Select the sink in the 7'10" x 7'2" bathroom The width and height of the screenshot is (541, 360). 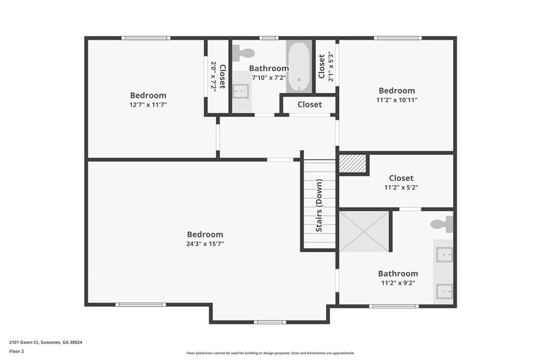[x=240, y=91]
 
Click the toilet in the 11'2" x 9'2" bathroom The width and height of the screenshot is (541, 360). [x=442, y=224]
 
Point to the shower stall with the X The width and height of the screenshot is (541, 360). [x=365, y=231]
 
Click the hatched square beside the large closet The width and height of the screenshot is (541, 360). [x=352, y=163]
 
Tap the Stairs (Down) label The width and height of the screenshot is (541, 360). [x=319, y=205]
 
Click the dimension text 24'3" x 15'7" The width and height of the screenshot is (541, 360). [x=205, y=244]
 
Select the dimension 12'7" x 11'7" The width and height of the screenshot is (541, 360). [x=148, y=105]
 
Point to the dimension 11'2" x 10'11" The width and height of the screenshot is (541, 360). [x=397, y=100]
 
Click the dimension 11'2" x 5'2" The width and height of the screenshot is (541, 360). [x=402, y=187]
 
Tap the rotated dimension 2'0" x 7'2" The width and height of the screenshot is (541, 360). [x=213, y=77]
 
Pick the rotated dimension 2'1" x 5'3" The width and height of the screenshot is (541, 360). [x=331, y=67]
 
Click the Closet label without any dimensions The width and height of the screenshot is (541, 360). [x=310, y=105]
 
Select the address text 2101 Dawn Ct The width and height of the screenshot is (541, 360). [x=24, y=343]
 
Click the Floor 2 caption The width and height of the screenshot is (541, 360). [x=16, y=352]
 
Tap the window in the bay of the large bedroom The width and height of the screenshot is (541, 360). [x=270, y=322]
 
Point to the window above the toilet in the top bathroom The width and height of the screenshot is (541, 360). [x=269, y=38]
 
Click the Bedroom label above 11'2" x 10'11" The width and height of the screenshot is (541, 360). [x=397, y=91]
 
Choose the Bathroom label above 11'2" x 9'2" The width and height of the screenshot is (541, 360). [x=398, y=273]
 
